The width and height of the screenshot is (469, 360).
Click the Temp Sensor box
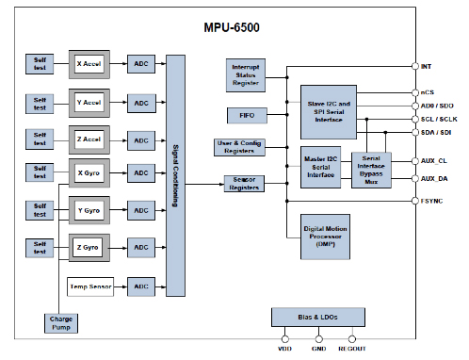click(x=90, y=286)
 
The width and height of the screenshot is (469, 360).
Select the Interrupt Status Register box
click(x=246, y=74)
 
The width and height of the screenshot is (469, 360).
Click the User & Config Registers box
click(x=241, y=147)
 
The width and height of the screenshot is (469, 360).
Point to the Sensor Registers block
click(x=243, y=183)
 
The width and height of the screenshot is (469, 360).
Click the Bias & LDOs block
click(x=317, y=316)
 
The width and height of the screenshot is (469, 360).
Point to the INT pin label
click(x=426, y=66)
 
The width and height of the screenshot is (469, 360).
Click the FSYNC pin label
click(x=432, y=200)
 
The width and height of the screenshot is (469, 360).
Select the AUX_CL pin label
click(x=434, y=161)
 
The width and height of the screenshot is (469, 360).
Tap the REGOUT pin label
click(x=351, y=350)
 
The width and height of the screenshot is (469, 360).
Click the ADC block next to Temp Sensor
click(x=140, y=286)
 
